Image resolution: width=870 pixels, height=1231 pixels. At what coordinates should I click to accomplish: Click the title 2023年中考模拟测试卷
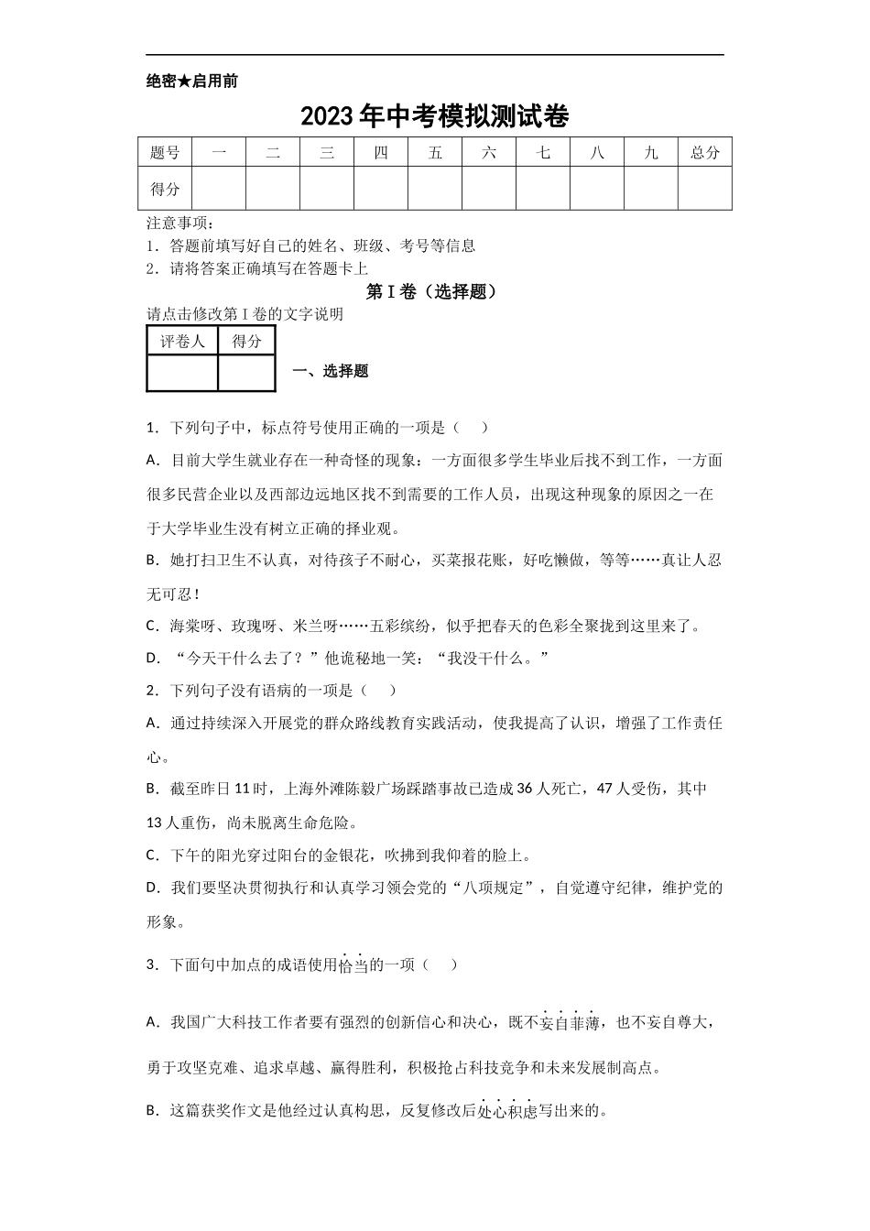[x=434, y=117]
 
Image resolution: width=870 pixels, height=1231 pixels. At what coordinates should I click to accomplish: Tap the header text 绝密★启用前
[x=191, y=82]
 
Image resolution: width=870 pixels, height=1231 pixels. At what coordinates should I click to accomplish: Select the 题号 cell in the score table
[x=165, y=153]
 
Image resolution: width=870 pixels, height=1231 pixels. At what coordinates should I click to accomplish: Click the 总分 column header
[x=705, y=153]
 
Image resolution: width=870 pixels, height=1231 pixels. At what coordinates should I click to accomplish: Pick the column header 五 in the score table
[x=435, y=153]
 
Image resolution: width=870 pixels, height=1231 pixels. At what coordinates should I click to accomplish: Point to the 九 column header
[x=651, y=153]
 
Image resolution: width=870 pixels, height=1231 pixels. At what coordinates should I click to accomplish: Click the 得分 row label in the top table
[x=165, y=190]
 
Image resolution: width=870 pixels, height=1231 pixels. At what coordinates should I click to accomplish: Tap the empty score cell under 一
[x=219, y=190]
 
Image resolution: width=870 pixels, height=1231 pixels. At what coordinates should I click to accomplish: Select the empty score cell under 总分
[x=705, y=190]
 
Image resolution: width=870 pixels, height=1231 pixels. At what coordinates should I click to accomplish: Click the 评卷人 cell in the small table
[x=182, y=342]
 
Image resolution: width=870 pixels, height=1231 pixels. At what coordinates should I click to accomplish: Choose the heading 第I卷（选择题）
[x=434, y=291]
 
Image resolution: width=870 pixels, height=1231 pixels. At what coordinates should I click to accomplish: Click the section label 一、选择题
[x=330, y=371]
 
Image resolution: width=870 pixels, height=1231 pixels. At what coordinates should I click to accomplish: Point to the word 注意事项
[x=178, y=223]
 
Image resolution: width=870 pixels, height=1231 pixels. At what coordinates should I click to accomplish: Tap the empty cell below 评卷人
[x=182, y=373]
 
